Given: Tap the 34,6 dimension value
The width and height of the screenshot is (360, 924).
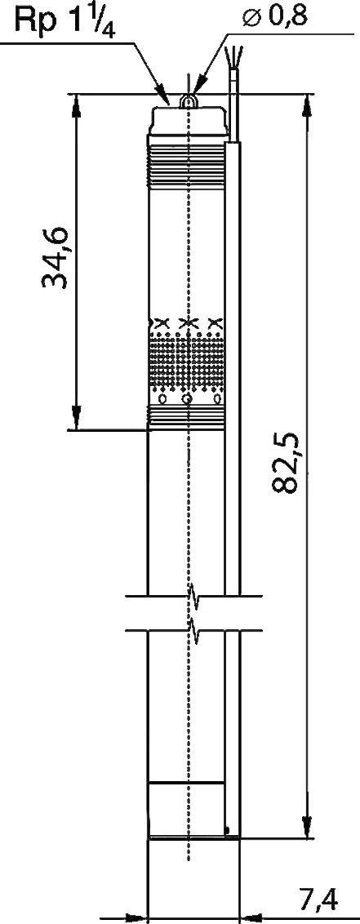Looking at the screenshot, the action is [56, 257].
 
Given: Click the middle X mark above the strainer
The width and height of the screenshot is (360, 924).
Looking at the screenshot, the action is [188, 322].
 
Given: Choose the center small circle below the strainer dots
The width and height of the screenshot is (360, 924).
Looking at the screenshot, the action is [188, 399].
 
